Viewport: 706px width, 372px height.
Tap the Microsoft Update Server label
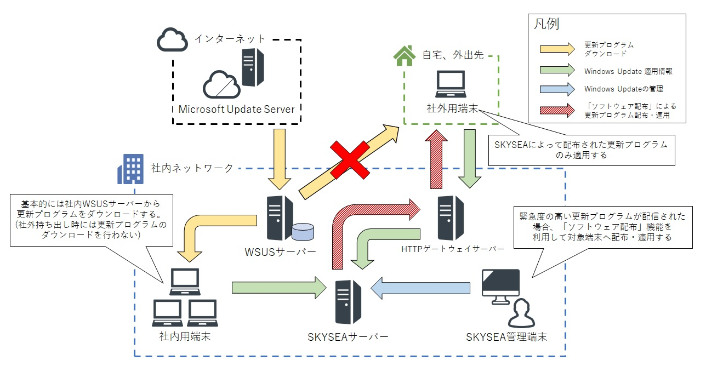pos(236,109)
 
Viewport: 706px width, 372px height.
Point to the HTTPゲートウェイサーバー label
pos(453,249)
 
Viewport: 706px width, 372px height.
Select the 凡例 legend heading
pos(546,24)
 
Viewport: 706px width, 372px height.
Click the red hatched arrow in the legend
pos(554,110)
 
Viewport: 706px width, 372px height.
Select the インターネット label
pos(230,38)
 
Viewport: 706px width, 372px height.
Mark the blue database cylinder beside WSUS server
pos(302,232)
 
